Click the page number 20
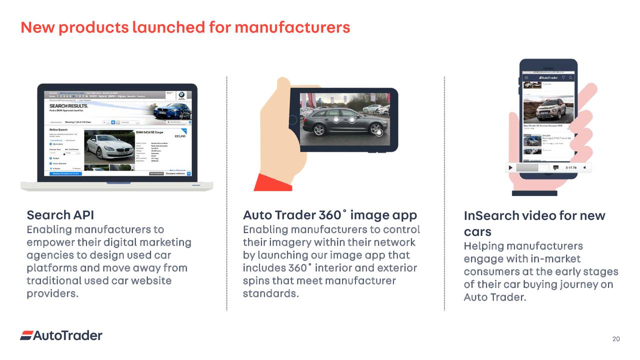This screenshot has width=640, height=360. pyautogui.click(x=616, y=339)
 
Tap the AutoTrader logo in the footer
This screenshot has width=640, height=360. pyautogui.click(x=61, y=335)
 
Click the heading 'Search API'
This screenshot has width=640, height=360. pyautogui.click(x=60, y=215)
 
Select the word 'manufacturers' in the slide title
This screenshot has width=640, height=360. pyautogui.click(x=292, y=27)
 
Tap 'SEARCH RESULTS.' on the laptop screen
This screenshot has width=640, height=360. pyautogui.click(x=68, y=106)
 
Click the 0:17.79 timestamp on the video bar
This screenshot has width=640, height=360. pyautogui.click(x=570, y=167)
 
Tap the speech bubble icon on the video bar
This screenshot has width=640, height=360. pyautogui.click(x=555, y=167)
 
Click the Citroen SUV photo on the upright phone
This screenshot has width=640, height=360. pyautogui.click(x=548, y=107)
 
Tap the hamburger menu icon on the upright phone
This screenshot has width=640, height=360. pyautogui.click(x=525, y=77)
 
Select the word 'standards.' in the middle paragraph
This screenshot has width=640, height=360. pyautogui.click(x=270, y=293)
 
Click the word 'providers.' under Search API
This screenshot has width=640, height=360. pyautogui.click(x=52, y=293)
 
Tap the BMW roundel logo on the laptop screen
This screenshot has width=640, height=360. pyautogui.click(x=182, y=94)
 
